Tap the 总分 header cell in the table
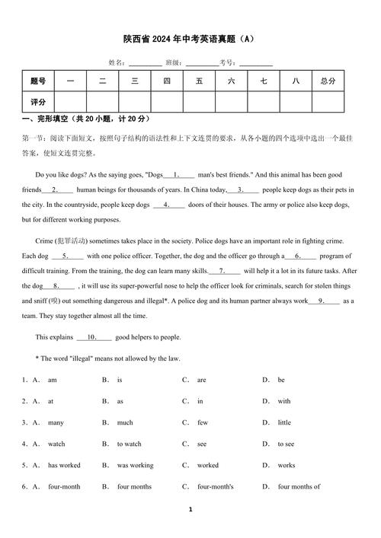pos(328,81)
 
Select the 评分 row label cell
pos(38,101)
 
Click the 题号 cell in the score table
pos(38,81)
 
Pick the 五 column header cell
pos(199,81)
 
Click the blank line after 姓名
pos(145,63)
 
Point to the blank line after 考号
pos(256,63)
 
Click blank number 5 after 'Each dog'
pos(67,256)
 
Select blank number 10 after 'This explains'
pos(94,337)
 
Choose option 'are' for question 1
pos(201,380)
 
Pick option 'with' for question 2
pos(283,401)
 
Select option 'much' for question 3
pos(125,422)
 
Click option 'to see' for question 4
pos(286,444)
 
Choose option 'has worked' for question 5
pos(64,465)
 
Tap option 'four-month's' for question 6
pos(215,486)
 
